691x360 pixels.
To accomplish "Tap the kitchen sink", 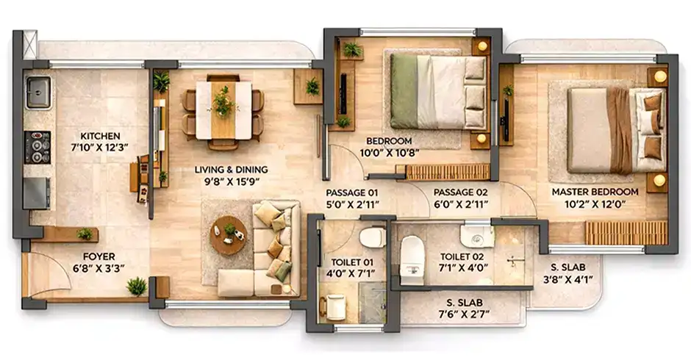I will pyautogui.click(x=37, y=93).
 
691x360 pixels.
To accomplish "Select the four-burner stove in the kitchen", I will pyautogui.click(x=37, y=146).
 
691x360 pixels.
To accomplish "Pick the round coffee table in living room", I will pyautogui.click(x=228, y=235).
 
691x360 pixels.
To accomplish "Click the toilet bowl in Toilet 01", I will pyautogui.click(x=372, y=237).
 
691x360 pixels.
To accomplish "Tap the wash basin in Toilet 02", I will pyautogui.click(x=477, y=234).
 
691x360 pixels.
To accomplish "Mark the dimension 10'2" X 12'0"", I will pyautogui.click(x=595, y=205).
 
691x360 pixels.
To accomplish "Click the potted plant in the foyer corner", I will pyautogui.click(x=136, y=286).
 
